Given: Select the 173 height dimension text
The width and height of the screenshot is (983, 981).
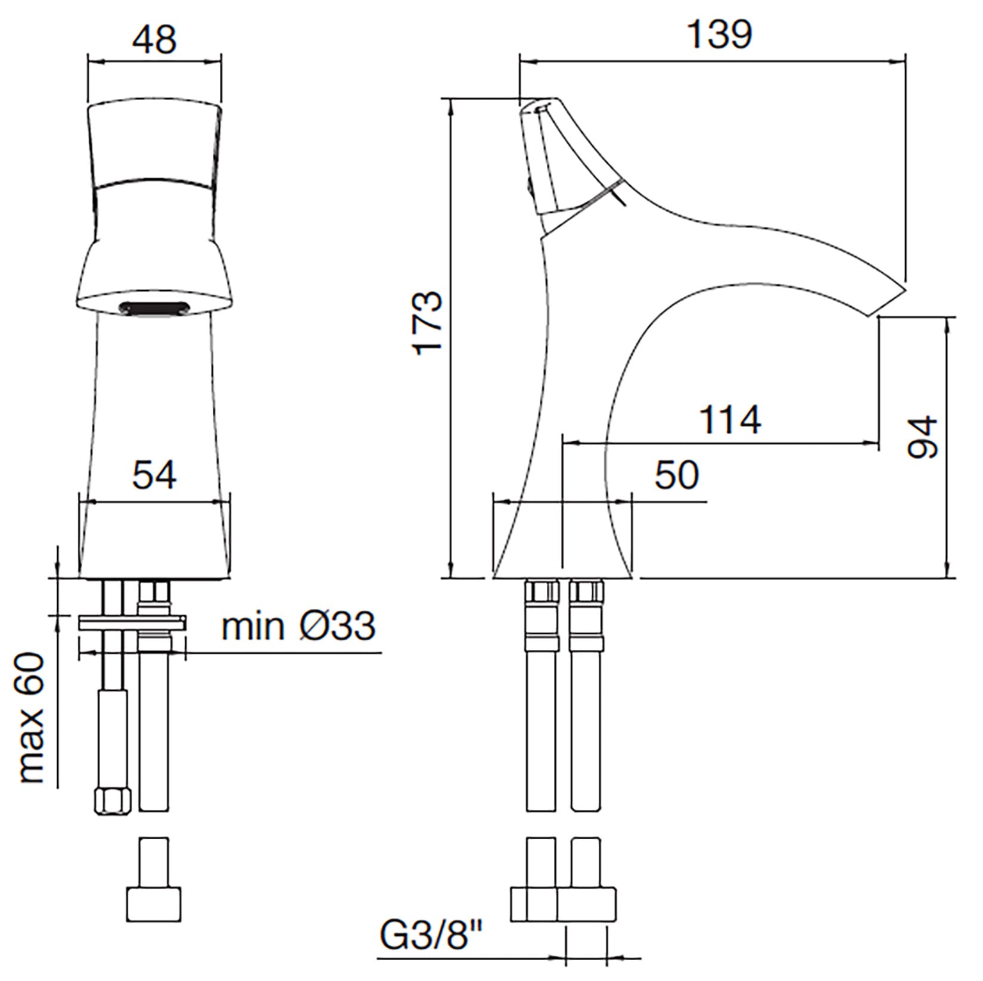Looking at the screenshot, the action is coord(428,323).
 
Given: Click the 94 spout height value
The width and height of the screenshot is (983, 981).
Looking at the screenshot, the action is coord(922,437).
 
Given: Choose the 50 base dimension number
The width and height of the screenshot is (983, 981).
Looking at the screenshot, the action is coord(677,476).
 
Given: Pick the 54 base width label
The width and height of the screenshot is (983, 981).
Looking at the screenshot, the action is coord(154,476).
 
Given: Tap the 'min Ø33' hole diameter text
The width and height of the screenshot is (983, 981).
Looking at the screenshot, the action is coord(298,626).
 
